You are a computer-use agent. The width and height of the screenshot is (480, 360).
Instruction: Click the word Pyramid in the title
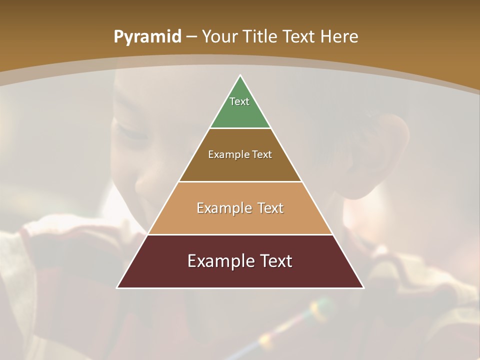(147, 37)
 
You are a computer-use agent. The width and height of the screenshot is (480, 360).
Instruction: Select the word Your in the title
(220, 37)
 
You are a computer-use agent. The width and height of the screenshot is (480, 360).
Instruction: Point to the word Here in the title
(339, 37)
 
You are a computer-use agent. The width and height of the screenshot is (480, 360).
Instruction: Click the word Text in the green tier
(239, 101)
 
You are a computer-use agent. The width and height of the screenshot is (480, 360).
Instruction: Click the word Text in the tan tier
(270, 208)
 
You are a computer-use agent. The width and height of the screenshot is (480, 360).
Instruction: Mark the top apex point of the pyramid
(240, 75)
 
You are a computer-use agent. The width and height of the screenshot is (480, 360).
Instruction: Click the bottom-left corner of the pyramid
(117, 287)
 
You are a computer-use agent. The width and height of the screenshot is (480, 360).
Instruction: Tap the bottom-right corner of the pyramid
(363, 287)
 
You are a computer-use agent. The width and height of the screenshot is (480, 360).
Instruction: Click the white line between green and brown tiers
(240, 128)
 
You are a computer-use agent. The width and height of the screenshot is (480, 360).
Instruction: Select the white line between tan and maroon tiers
(240, 234)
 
